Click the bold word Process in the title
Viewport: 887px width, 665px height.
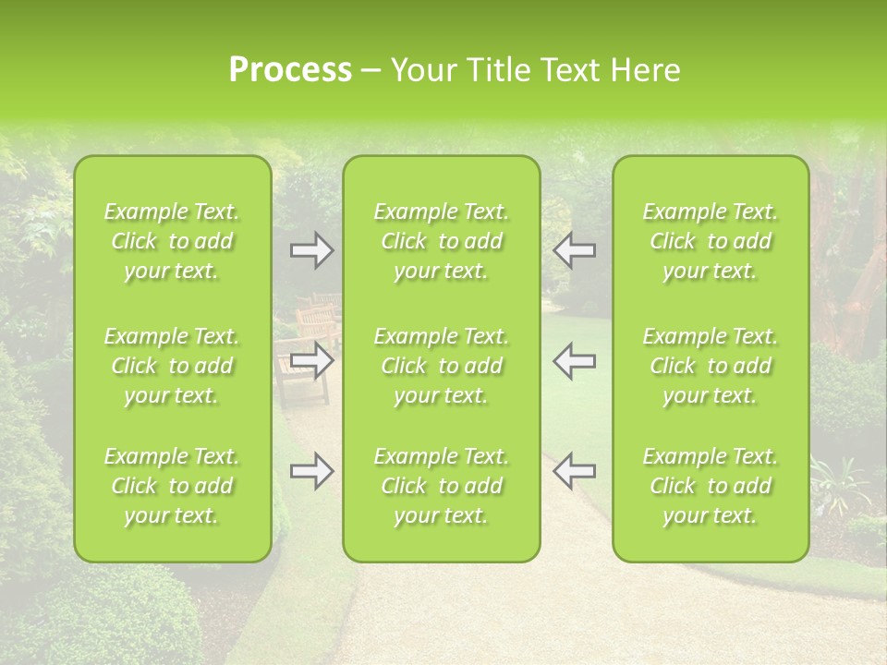[x=290, y=70]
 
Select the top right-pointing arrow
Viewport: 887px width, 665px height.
[x=311, y=250]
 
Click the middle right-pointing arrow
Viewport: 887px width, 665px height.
[x=311, y=361]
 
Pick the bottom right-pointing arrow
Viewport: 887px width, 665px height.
[x=311, y=471]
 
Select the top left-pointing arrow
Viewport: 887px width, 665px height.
[x=574, y=250]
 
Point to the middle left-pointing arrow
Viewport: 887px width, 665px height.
[x=574, y=361]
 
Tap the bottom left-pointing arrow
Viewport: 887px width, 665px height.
[x=574, y=471]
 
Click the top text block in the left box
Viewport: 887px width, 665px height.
[x=172, y=241]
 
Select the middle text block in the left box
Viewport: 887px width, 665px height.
[x=172, y=366]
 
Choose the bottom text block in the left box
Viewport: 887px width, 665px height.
[x=172, y=486]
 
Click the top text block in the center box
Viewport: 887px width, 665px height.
[x=442, y=241]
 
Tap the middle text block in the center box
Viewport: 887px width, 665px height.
[x=442, y=366]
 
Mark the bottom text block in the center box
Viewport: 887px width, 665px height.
[x=442, y=486]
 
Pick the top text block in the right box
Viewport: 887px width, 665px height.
[x=711, y=241]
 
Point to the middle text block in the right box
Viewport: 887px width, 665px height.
[x=711, y=366]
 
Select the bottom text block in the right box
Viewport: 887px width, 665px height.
[x=711, y=486]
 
